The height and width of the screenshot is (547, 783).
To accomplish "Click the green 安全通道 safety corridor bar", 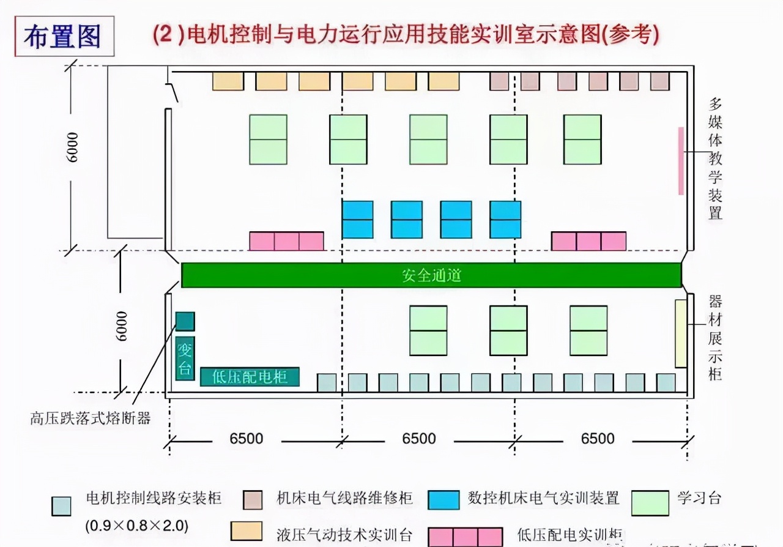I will [x=431, y=275].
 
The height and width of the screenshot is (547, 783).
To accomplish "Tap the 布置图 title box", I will [x=64, y=37].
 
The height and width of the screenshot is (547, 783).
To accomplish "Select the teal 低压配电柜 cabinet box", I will [x=250, y=377].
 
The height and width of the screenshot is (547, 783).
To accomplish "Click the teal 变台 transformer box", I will [x=185, y=359].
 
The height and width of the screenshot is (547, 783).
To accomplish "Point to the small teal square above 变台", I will [x=185, y=321].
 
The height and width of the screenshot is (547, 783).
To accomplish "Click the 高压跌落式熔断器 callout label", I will [x=90, y=419].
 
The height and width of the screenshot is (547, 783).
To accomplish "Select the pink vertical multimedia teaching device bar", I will [x=681, y=161].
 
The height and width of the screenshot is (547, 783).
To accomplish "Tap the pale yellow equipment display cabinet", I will [x=681, y=333].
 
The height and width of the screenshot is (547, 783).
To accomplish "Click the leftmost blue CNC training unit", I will [x=357, y=220].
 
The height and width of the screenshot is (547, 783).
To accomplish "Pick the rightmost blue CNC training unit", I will [x=505, y=220].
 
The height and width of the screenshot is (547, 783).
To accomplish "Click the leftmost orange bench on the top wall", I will [x=228, y=81].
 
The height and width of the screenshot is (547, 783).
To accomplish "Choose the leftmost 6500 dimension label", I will [x=247, y=439].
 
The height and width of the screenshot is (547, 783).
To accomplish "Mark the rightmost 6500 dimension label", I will [x=598, y=439].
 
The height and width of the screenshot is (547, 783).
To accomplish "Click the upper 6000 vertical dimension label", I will [x=73, y=147].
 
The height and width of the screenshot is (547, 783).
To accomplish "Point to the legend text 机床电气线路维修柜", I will [x=344, y=498].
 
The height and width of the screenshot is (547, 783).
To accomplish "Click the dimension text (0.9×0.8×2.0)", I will [x=137, y=525].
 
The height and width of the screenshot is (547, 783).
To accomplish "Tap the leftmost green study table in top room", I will [x=268, y=140].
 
